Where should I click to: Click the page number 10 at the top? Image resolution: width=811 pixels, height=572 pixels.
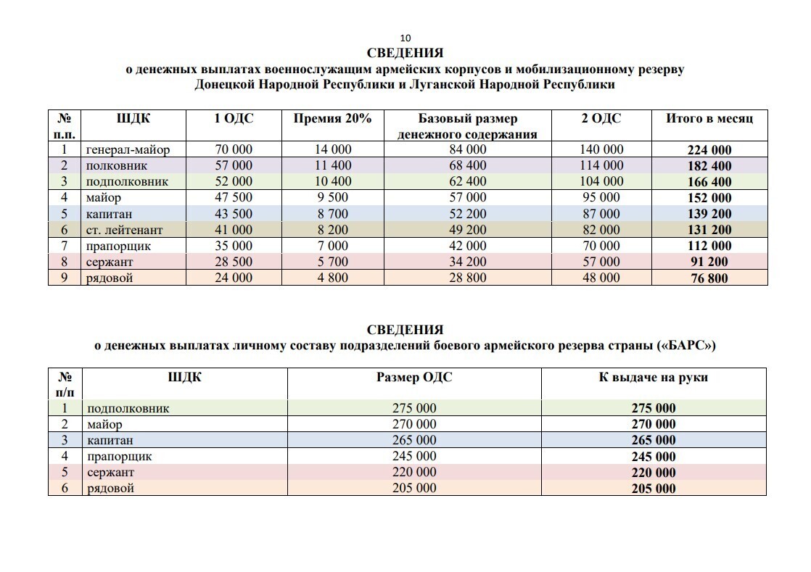(405, 38)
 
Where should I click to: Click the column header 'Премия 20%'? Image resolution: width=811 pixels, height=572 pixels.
(332, 119)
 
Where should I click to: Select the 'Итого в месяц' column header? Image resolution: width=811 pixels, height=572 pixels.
(709, 119)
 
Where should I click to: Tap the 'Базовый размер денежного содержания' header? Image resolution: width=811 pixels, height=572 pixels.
(468, 126)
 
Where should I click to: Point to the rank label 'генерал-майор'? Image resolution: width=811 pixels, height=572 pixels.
(127, 150)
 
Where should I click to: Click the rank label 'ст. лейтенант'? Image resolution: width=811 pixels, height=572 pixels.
(124, 230)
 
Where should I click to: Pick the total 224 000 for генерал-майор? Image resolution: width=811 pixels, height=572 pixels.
(709, 151)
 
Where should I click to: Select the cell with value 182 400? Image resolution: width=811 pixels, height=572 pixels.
(709, 167)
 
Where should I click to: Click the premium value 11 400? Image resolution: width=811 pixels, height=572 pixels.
(332, 166)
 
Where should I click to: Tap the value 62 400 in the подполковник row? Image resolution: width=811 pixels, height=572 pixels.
(468, 182)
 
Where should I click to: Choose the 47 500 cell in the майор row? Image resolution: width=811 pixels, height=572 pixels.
(234, 198)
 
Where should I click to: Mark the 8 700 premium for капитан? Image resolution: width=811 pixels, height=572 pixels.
(332, 214)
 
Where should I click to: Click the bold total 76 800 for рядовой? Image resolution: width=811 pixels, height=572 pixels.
(709, 278)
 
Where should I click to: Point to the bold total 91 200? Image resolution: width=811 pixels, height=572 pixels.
(709, 262)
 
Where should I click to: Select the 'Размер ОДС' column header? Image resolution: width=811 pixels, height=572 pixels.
(414, 377)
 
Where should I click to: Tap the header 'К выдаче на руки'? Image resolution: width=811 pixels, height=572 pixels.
(653, 377)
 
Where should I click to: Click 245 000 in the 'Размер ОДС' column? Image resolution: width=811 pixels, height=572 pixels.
(414, 456)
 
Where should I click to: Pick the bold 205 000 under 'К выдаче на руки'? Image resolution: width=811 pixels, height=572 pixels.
(653, 489)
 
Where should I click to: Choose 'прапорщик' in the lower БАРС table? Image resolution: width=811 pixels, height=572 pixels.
(119, 456)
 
